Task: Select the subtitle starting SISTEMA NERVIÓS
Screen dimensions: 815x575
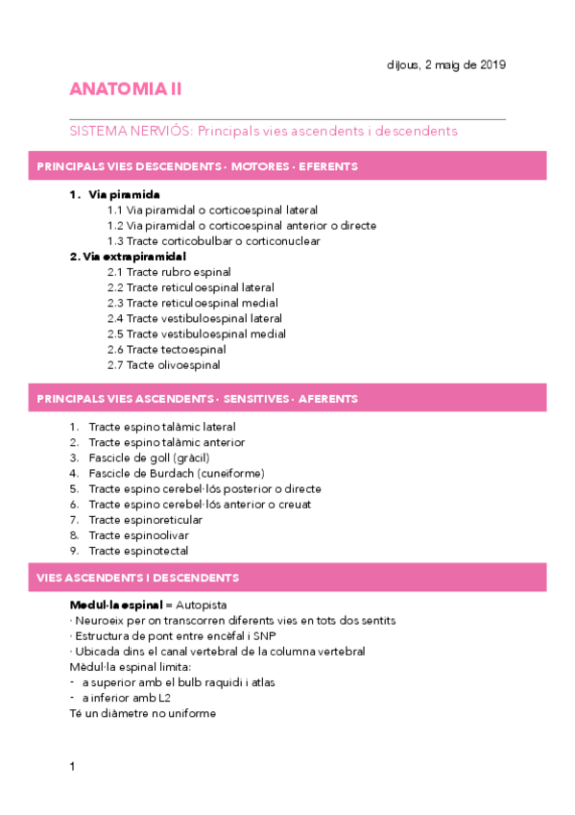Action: (x=264, y=131)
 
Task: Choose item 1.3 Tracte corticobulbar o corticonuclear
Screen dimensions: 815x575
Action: (x=213, y=241)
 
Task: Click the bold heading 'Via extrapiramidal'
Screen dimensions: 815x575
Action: (x=128, y=257)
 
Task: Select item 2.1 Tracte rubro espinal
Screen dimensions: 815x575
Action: (x=169, y=272)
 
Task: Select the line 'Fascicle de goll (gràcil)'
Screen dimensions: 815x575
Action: (x=149, y=457)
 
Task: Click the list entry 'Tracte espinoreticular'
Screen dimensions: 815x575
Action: (x=145, y=520)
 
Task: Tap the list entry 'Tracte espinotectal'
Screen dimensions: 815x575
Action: (x=138, y=551)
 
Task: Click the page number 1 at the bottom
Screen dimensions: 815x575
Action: (x=72, y=766)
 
